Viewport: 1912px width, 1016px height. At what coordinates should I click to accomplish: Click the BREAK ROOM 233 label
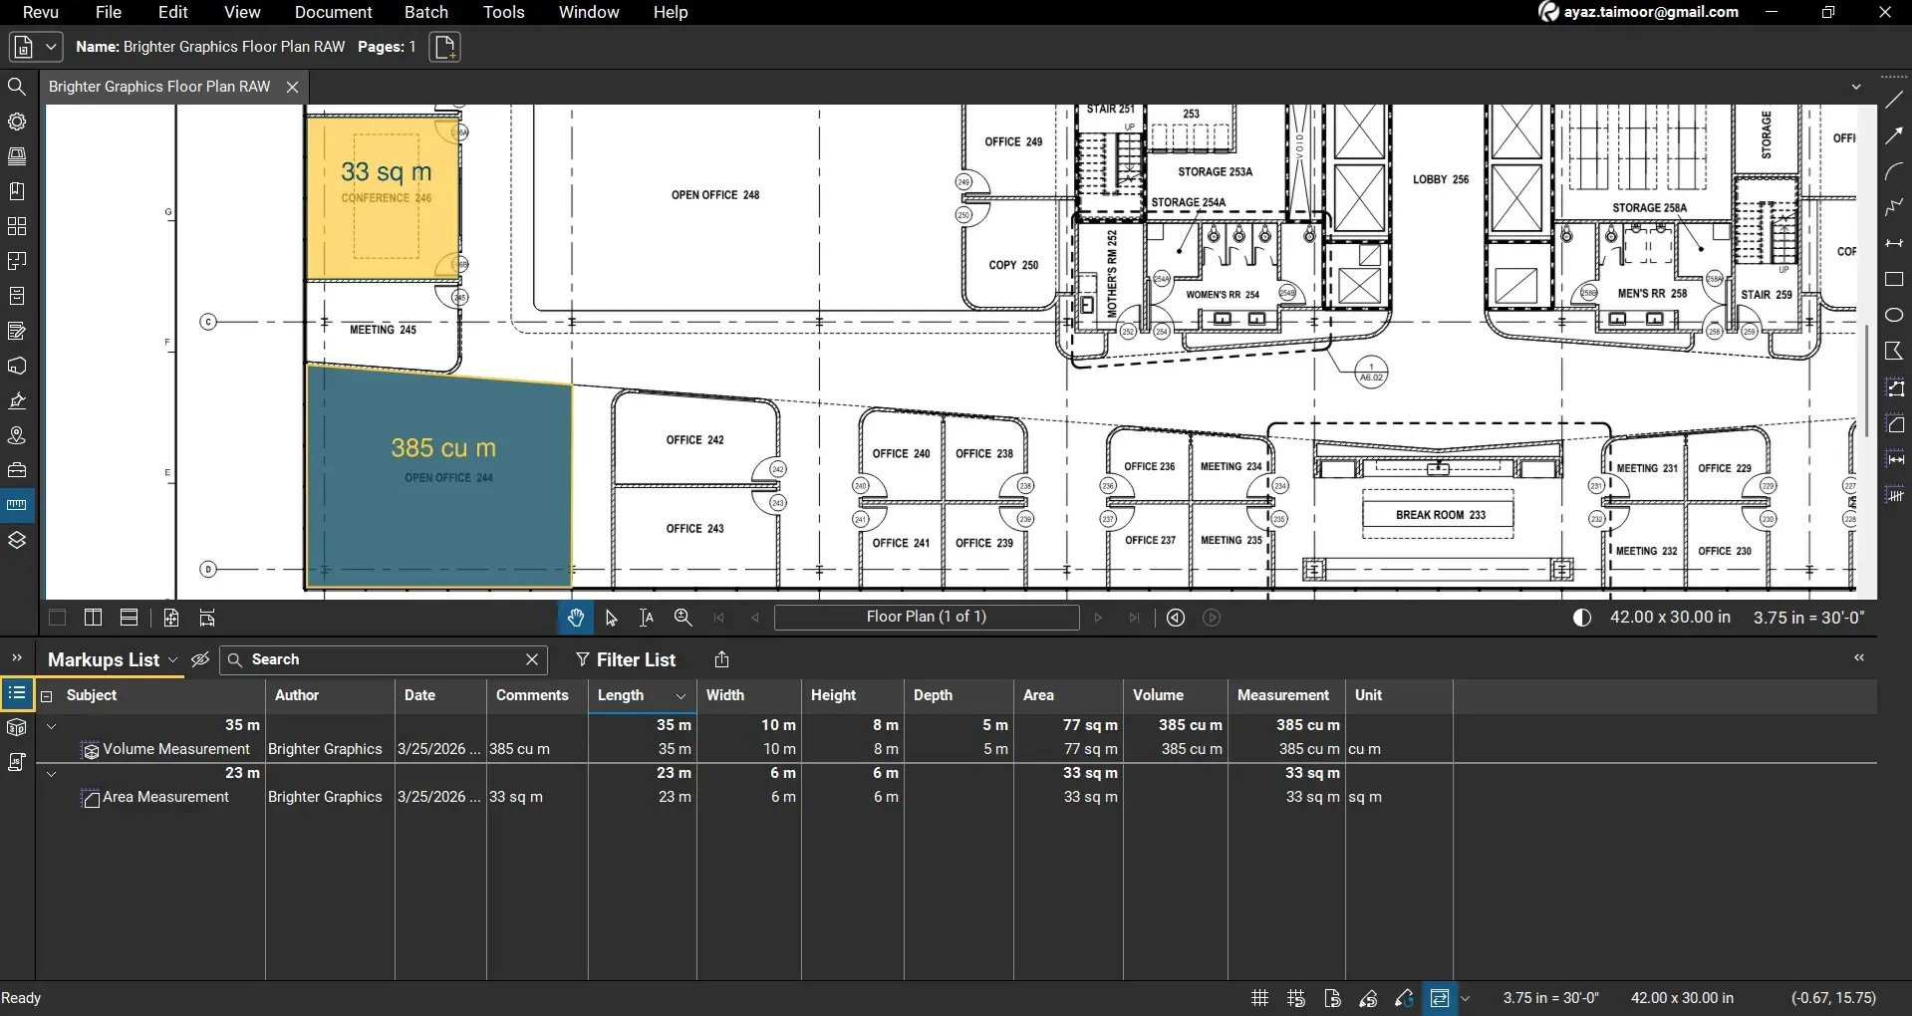[1440, 515]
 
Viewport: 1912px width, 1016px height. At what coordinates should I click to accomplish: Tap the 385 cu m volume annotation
[442, 448]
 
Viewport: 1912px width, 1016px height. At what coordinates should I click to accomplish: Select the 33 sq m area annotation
[386, 172]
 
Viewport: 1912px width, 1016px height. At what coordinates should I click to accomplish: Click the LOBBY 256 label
[1440, 179]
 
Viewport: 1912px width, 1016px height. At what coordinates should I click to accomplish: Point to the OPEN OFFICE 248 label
[714, 195]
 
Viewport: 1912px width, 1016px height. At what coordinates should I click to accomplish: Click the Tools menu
[503, 12]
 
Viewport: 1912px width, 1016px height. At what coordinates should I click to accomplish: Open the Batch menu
[425, 12]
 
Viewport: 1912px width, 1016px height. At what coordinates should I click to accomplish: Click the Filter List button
[626, 659]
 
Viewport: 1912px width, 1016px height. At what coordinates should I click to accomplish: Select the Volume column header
[1158, 695]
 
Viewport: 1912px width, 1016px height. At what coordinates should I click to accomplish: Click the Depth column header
[933, 695]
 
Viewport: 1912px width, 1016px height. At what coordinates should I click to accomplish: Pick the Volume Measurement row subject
[175, 749]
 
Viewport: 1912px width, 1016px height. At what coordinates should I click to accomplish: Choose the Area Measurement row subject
[165, 797]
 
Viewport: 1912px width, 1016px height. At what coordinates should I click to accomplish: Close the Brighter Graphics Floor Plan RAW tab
[292, 87]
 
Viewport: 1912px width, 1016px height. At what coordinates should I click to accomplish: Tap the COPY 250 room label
[1012, 265]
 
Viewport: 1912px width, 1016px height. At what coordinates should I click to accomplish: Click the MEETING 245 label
[383, 330]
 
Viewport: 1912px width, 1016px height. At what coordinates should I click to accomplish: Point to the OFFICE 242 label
[694, 439]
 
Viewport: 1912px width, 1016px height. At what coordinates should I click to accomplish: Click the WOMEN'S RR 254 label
[1222, 295]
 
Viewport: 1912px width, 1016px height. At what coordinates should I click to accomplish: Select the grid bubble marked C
[208, 322]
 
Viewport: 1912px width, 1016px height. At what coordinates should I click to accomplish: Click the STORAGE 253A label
[1215, 171]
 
